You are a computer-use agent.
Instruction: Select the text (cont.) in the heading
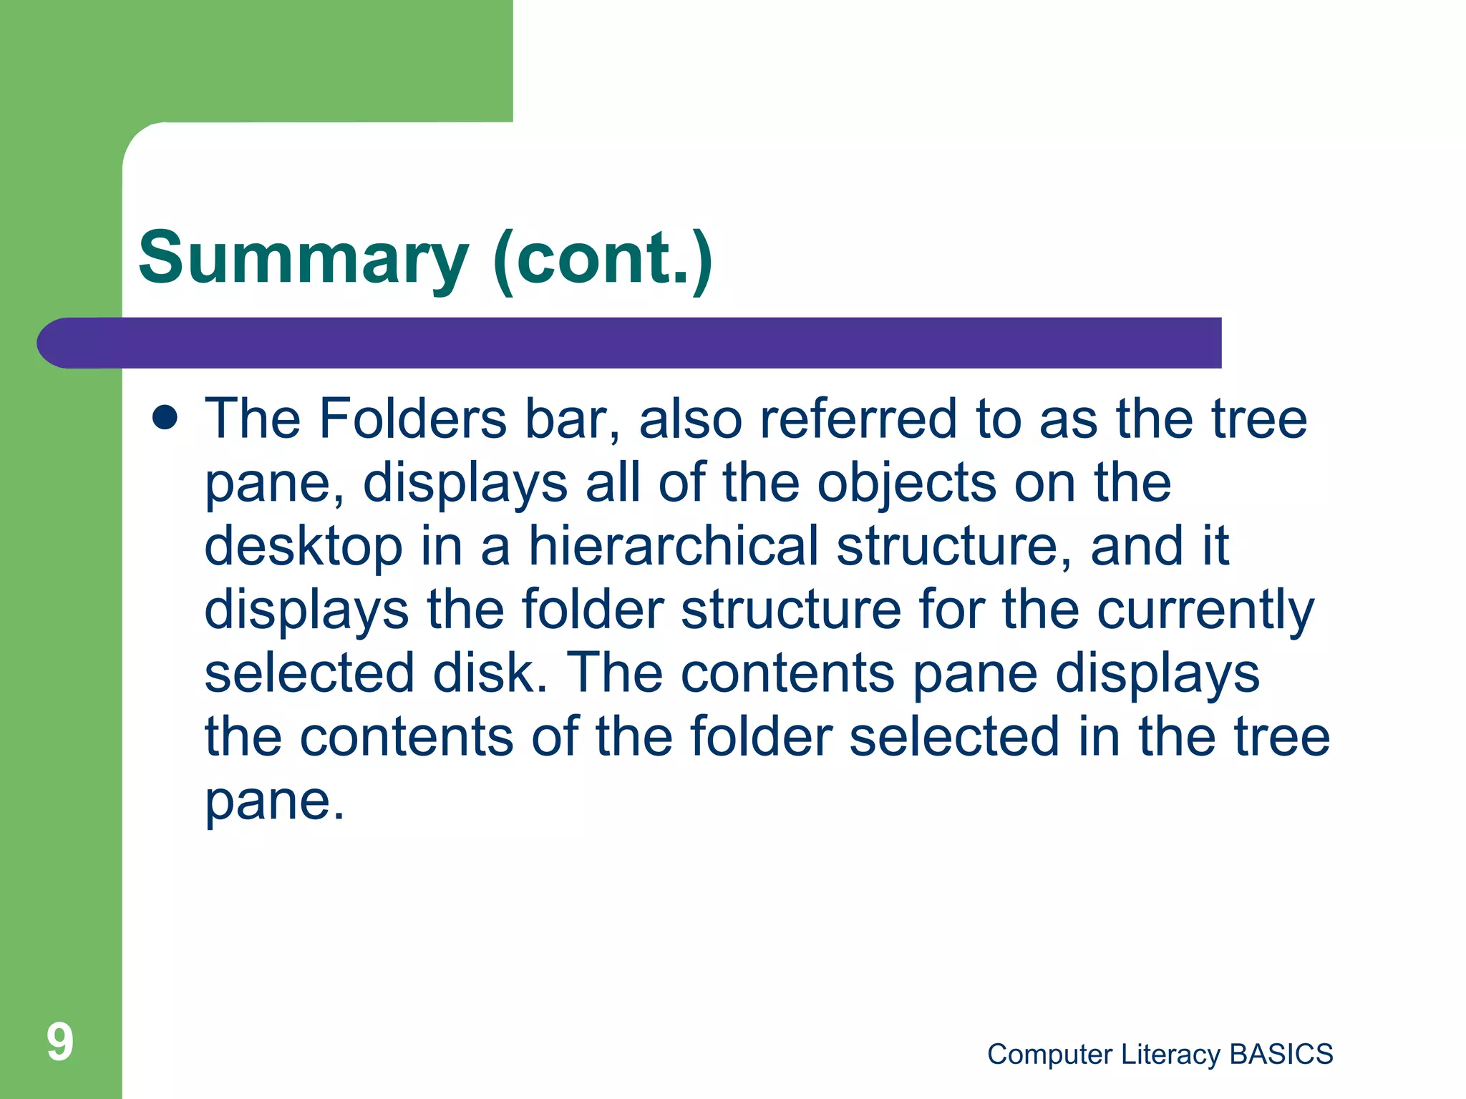point(603,259)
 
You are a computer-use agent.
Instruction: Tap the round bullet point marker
point(165,418)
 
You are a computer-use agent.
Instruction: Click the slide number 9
point(60,1042)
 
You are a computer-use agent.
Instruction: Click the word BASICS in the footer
point(1281,1055)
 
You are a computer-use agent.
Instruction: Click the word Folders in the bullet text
point(413,419)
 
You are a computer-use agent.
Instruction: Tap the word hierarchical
point(674,547)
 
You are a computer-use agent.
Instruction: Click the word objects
point(907,484)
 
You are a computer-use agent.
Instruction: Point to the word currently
point(1205,611)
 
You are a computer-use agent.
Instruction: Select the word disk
point(490,674)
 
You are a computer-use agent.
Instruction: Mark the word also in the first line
point(690,419)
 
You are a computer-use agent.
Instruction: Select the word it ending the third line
point(1215,547)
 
